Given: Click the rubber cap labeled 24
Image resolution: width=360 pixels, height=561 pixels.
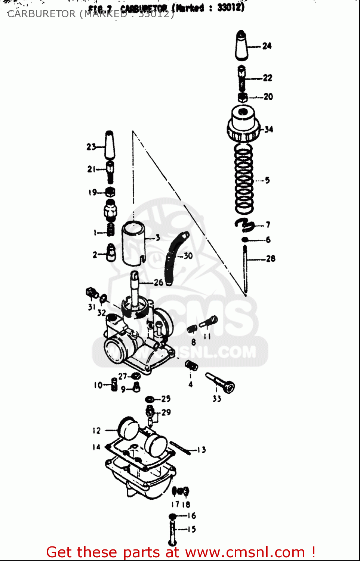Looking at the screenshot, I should [x=242, y=46].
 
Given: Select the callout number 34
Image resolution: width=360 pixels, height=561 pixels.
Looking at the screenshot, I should [x=269, y=129].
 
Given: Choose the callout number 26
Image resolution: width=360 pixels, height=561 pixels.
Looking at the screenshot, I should [x=159, y=282].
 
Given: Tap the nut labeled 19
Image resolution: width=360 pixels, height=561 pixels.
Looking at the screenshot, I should [x=110, y=192].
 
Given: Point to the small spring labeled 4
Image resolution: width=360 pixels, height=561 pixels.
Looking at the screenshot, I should [x=191, y=365].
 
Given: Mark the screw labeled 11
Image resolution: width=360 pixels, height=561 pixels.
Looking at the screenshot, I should [x=209, y=322].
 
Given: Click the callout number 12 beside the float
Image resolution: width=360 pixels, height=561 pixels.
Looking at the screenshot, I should [x=96, y=430].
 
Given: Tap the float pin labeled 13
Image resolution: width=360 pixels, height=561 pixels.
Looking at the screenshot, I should [x=181, y=448].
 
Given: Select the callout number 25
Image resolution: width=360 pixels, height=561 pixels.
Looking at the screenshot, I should [x=166, y=399].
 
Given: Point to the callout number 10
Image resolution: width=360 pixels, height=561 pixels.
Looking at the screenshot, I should [x=98, y=385].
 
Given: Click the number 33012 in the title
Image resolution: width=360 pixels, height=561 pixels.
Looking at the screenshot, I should [x=231, y=7].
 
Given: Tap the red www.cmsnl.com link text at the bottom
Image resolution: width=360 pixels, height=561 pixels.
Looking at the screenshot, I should [x=245, y=552].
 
